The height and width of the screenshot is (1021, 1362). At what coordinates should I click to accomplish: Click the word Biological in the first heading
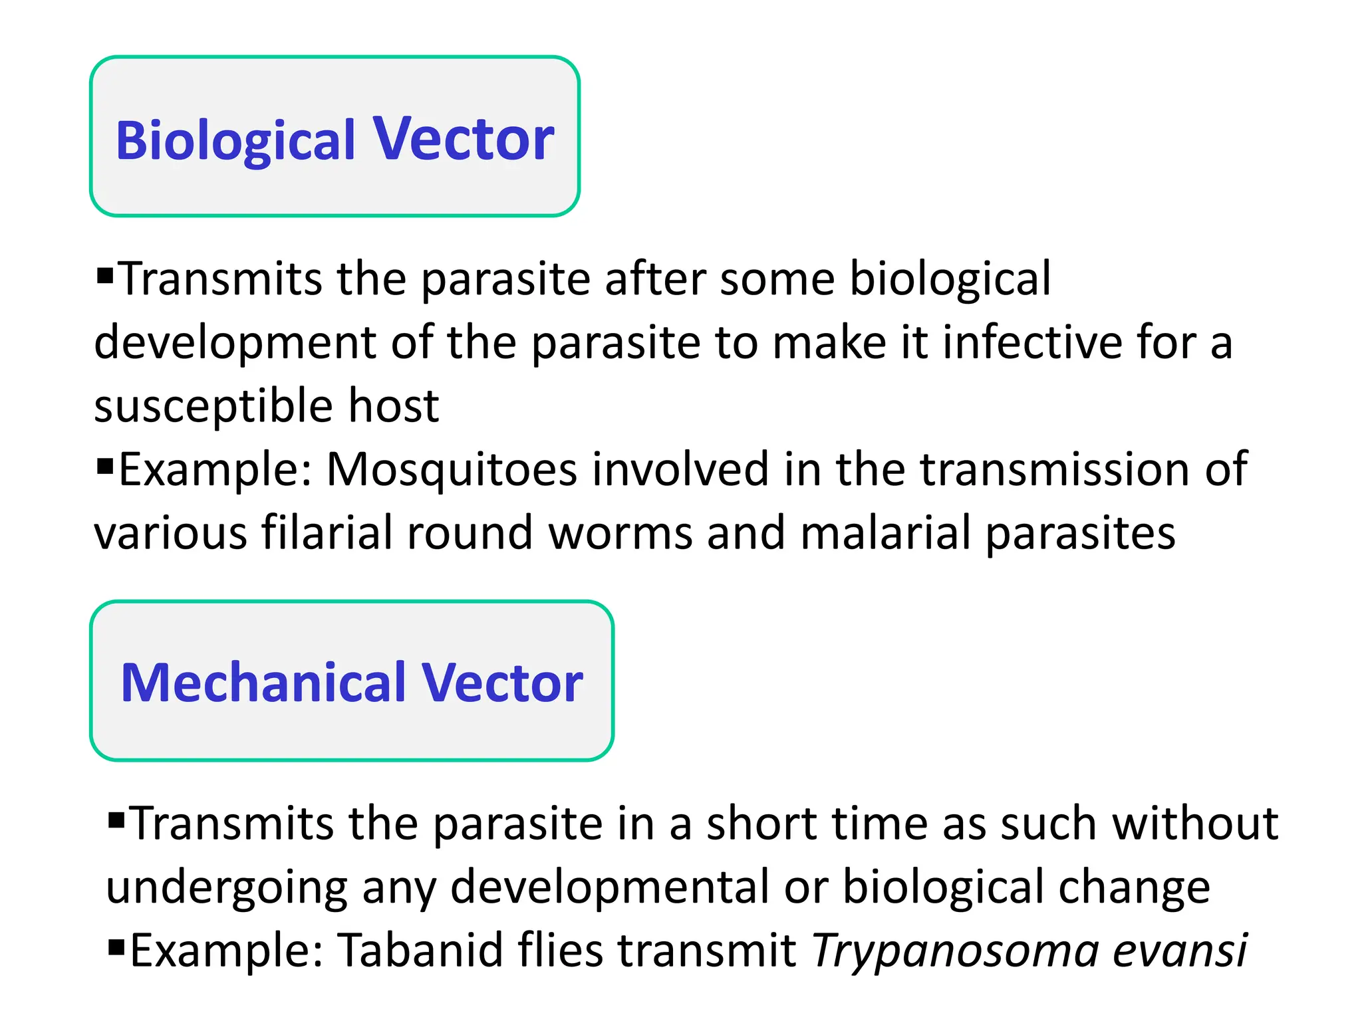[235, 141]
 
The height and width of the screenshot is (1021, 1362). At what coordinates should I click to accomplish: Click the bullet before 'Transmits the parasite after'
[105, 275]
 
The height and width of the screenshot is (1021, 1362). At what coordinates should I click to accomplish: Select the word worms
[620, 534]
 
